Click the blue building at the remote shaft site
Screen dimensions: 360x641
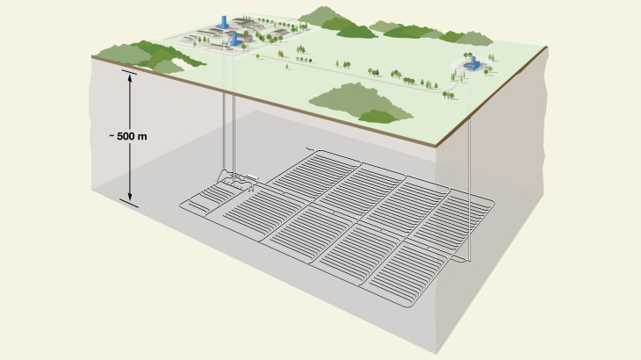pos(472,62)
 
